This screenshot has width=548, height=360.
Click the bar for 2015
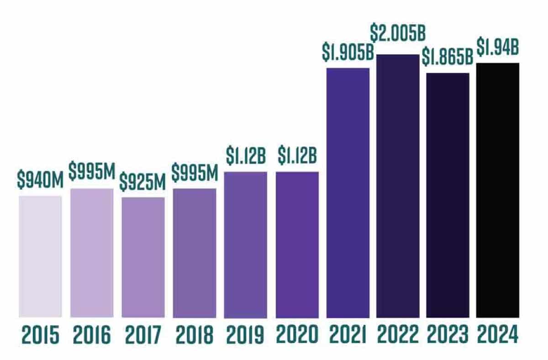click(x=40, y=256)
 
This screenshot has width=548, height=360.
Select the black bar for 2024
click(x=498, y=190)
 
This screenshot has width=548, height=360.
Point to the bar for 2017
click(x=143, y=257)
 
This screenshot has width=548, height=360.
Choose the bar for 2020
click(x=297, y=244)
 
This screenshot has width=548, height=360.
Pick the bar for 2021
click(x=348, y=192)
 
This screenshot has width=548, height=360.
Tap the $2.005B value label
click(x=398, y=35)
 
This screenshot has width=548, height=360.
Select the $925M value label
click(x=143, y=182)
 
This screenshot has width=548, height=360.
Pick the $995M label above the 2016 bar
click(x=91, y=172)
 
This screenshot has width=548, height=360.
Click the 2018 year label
click(x=194, y=335)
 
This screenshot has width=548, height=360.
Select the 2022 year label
click(x=398, y=335)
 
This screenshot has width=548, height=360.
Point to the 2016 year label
click(x=91, y=335)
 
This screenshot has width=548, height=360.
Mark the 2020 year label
click(x=297, y=335)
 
